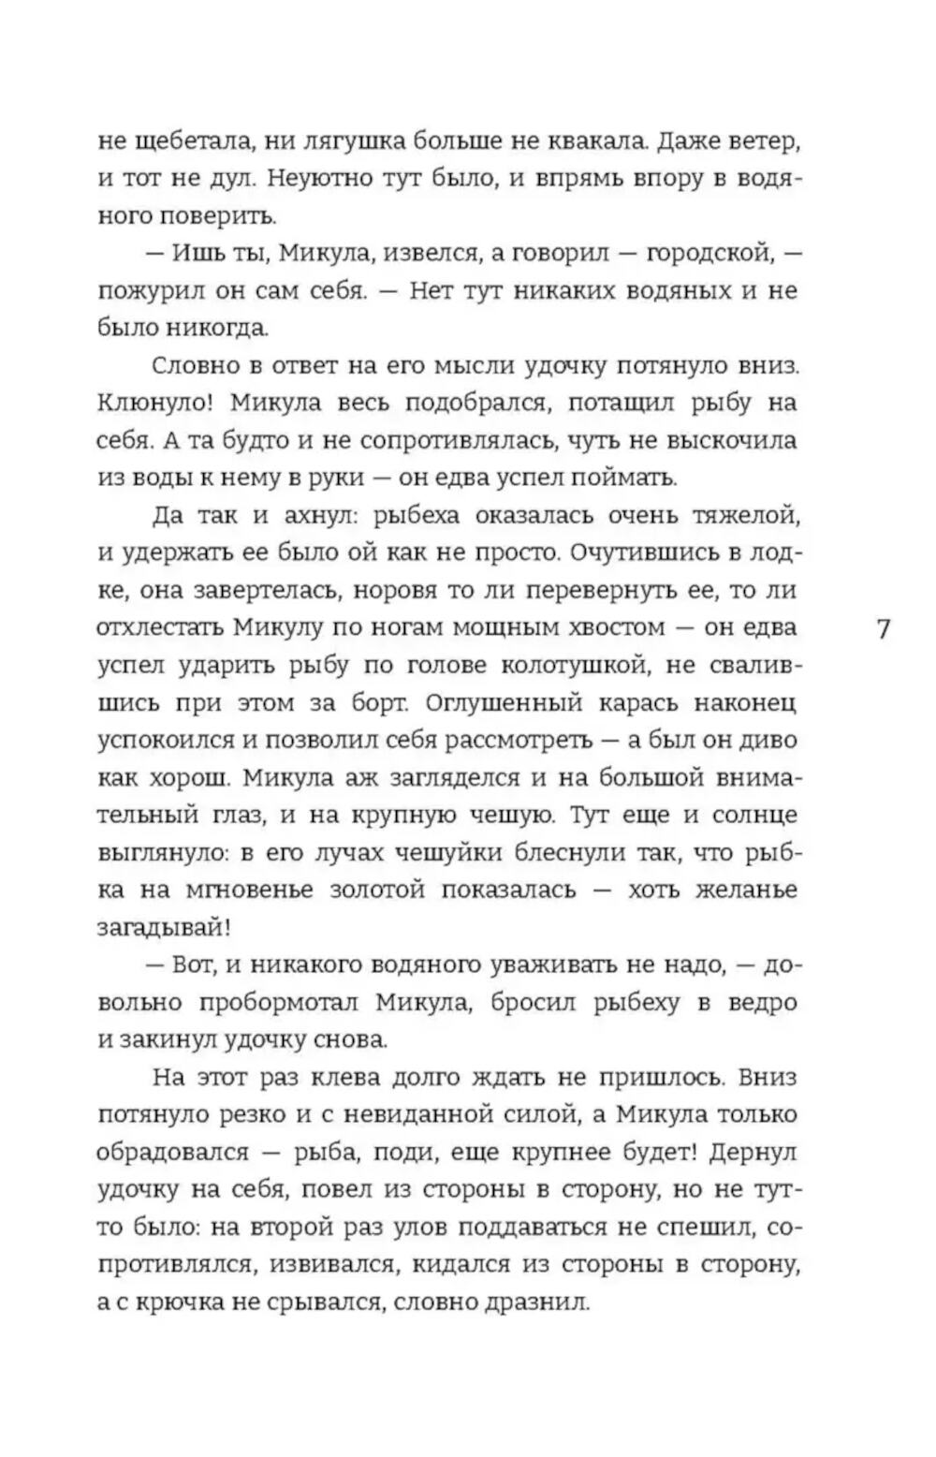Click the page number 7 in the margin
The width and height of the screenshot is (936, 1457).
coord(883,628)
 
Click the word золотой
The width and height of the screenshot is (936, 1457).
coord(371,890)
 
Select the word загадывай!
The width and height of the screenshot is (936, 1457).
coord(162,928)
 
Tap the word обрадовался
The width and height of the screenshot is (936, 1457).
coord(172,1153)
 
